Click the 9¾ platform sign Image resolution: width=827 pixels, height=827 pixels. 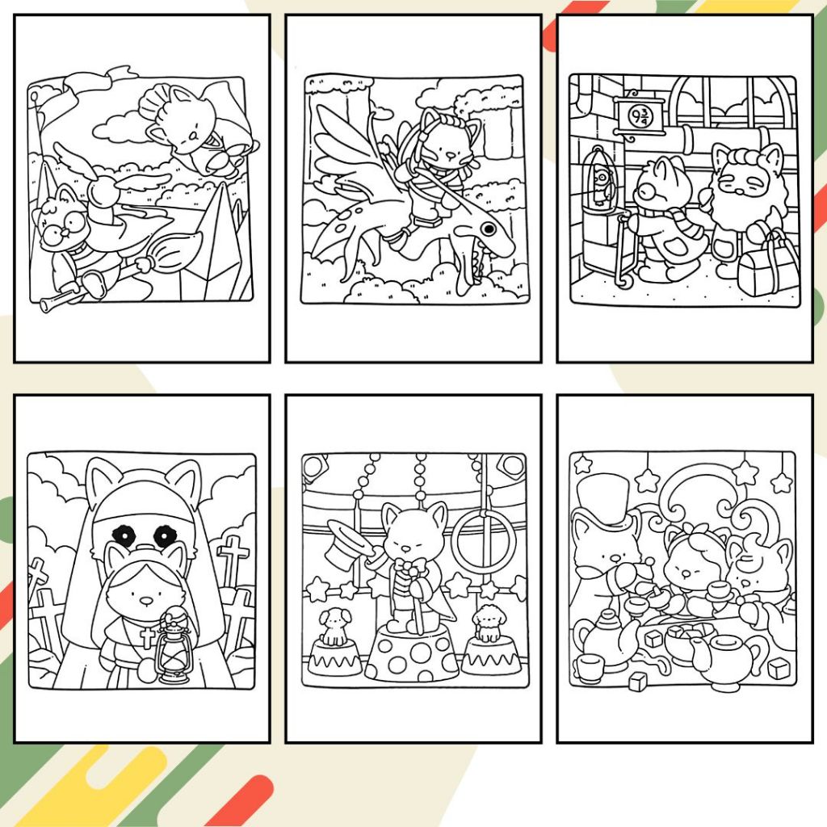click(x=640, y=115)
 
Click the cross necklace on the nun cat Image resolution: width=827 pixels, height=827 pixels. click(x=147, y=637)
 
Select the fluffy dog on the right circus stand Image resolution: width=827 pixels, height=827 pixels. click(x=488, y=624)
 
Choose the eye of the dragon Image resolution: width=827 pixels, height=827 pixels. click(x=488, y=229)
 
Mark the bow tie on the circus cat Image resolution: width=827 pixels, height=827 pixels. click(x=410, y=568)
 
